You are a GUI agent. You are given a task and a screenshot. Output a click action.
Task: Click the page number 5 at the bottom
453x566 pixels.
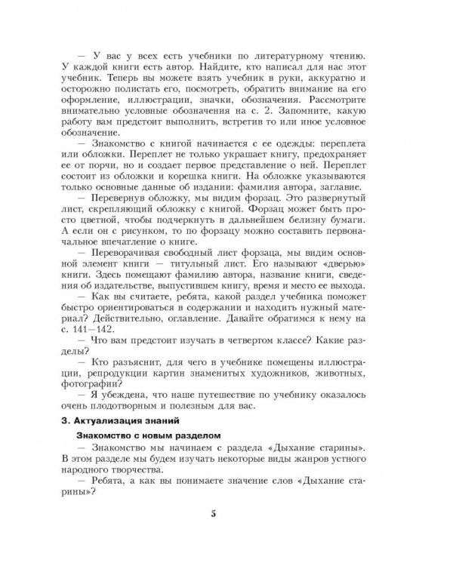tap(214, 514)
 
